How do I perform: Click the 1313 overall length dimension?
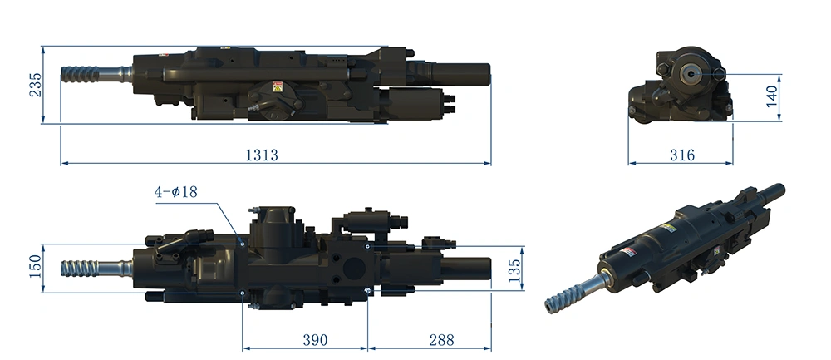pyautogui.click(x=262, y=155)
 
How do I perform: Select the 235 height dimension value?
pyautogui.click(x=35, y=85)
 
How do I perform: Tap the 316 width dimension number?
pyautogui.click(x=682, y=155)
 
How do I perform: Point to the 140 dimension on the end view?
pyautogui.click(x=772, y=96)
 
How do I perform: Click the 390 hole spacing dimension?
pyautogui.click(x=315, y=340)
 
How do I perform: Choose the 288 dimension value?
pyautogui.click(x=441, y=340)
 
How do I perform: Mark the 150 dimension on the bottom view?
pyautogui.click(x=35, y=267)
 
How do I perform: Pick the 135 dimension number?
pyautogui.click(x=514, y=270)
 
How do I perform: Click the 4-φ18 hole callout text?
pyautogui.click(x=176, y=191)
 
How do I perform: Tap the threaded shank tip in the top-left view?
pyautogui.click(x=62, y=74)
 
